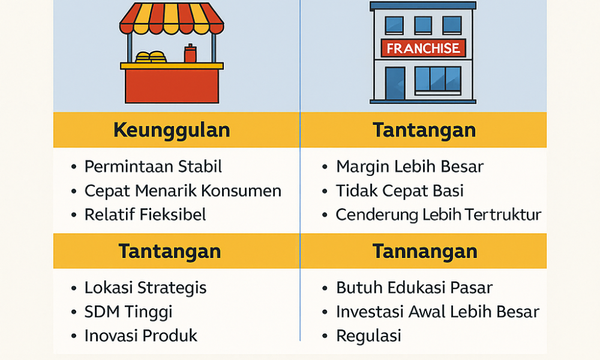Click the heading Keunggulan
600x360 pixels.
pos(171,130)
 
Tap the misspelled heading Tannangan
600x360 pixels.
pos(424,251)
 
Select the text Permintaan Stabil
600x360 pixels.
pos(153,166)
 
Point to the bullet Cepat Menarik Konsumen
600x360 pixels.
pos(182,191)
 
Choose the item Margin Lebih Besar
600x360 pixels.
pos(409,166)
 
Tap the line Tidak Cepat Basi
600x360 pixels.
pos(400,191)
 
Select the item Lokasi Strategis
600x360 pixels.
pos(145,287)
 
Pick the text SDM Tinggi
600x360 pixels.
pos(128,312)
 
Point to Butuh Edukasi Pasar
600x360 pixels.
pos(414,287)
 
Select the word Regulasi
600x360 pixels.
pos(368,336)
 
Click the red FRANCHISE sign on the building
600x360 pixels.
pos(423,49)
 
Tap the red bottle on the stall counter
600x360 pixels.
pos(190,54)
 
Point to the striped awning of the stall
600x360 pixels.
pos(172,18)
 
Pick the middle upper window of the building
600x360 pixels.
pos(423,24)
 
